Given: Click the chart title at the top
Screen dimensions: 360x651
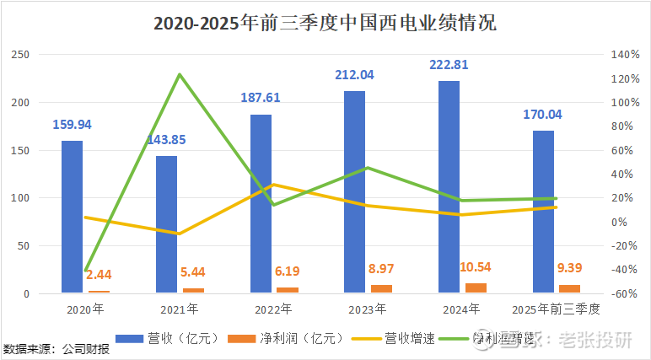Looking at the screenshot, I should [325, 23].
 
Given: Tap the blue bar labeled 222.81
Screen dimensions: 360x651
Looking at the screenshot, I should [449, 187].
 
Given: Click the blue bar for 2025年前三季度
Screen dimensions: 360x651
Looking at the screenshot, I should [543, 212].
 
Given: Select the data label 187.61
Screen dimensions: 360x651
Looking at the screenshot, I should [261, 99].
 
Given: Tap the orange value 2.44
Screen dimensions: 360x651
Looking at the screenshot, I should [99, 275].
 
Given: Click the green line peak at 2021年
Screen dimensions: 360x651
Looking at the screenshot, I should [179, 74].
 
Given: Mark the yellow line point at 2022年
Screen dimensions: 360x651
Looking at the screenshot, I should [273, 185].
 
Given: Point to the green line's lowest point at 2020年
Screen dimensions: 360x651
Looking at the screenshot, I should [85, 271].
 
